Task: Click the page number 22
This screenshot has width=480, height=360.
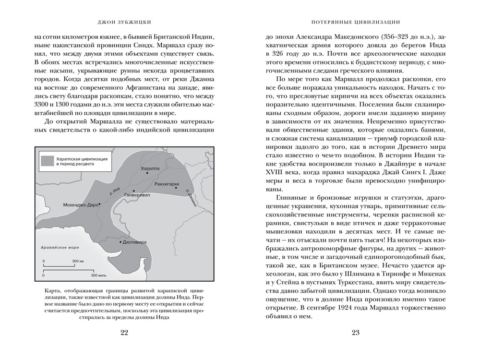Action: tap(124, 334)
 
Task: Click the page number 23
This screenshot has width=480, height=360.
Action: tap(355, 334)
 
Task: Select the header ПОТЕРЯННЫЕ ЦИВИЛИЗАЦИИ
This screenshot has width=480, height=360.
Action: tap(356, 22)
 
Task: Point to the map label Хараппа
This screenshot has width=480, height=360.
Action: tap(150, 169)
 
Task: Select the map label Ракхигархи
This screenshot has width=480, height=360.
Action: tap(168, 184)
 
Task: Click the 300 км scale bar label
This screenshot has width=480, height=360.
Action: tap(78, 262)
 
